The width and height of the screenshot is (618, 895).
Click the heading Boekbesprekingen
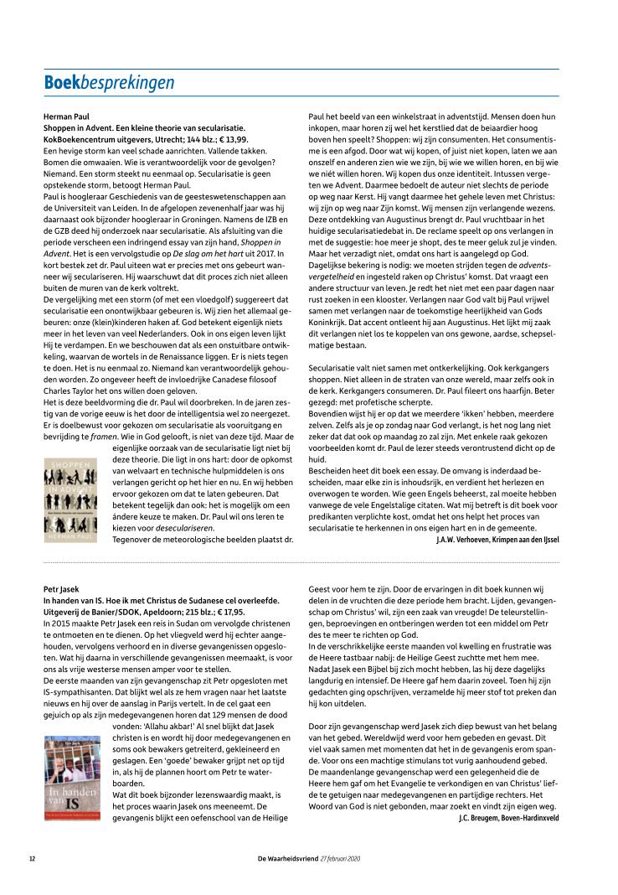(x=109, y=82)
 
